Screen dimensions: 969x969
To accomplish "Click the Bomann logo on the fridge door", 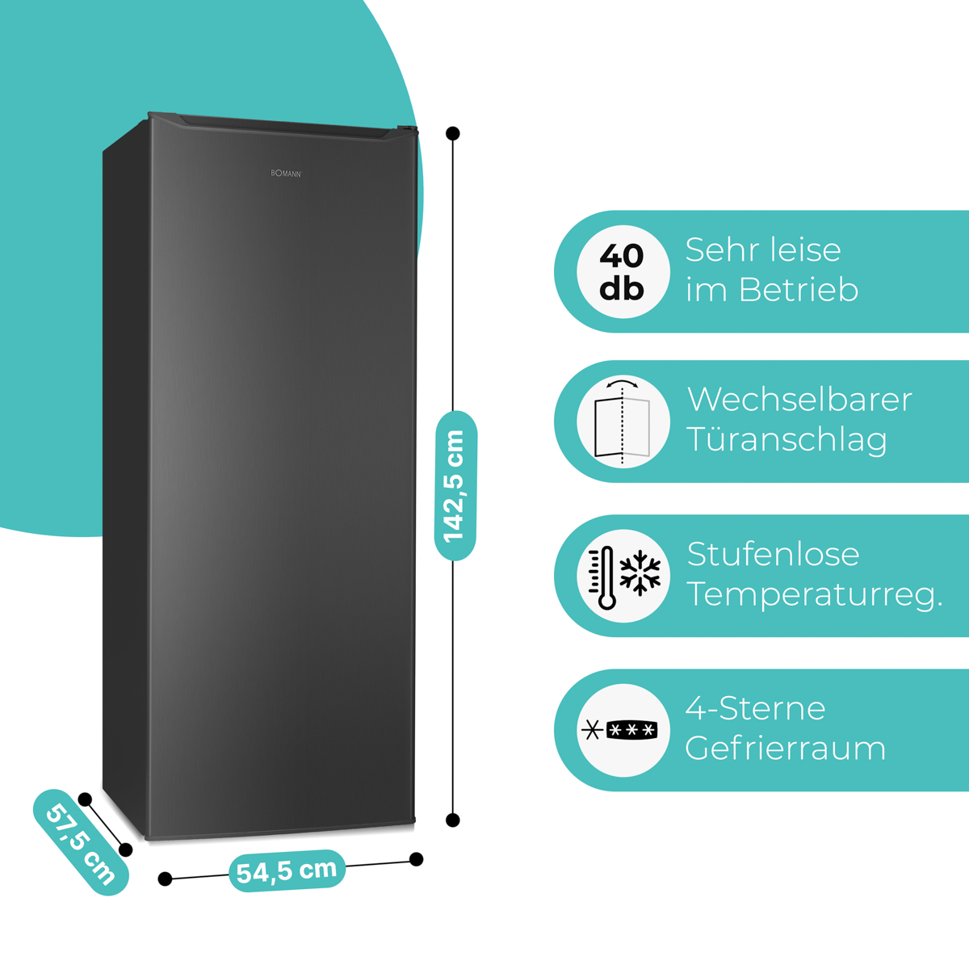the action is click(286, 173).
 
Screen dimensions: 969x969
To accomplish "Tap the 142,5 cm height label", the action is click(455, 485).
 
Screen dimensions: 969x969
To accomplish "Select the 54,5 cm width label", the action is click(287, 870).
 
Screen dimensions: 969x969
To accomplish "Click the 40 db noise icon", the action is click(623, 271).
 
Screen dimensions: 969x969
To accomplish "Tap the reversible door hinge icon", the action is click(623, 422).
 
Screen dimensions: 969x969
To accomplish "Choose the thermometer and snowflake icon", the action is click(623, 576).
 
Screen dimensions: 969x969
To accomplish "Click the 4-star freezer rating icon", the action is click(623, 730).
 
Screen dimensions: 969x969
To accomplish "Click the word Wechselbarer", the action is click(799, 400).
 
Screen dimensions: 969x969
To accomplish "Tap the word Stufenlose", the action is click(773, 554).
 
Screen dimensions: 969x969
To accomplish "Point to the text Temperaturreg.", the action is click(814, 595).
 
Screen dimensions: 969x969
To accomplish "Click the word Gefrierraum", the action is click(785, 749).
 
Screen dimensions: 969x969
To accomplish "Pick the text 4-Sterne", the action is click(755, 708).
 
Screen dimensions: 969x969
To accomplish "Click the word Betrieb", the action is click(799, 290).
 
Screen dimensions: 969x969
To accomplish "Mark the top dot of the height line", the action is click(453, 133).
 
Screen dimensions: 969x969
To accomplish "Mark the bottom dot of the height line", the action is click(453, 820).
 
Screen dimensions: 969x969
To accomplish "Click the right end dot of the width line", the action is click(417, 859).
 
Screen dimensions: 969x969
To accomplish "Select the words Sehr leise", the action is click(763, 250).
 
